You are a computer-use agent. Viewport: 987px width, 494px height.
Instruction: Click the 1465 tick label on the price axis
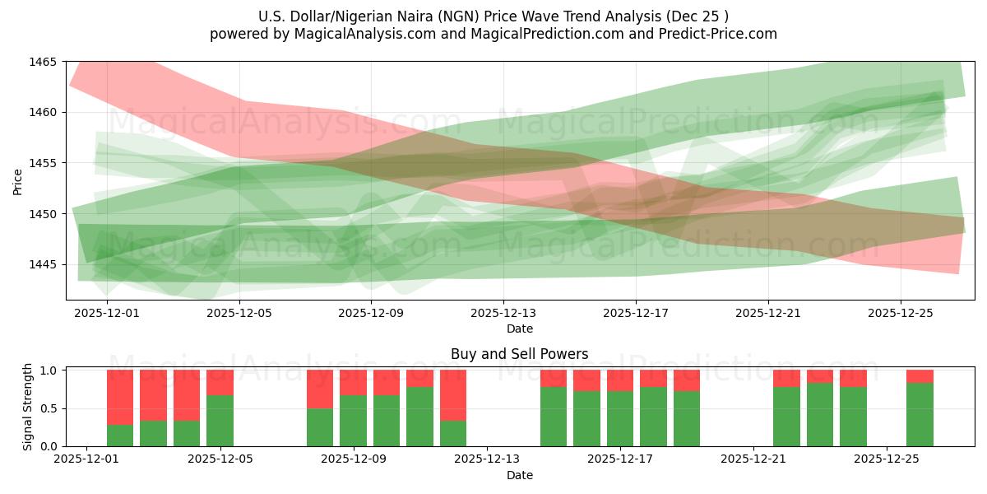click(43, 62)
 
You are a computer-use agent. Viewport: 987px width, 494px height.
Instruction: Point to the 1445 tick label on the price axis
click(43, 264)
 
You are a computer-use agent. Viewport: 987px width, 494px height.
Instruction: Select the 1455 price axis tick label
click(43, 163)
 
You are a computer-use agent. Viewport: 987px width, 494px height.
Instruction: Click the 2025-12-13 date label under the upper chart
click(503, 313)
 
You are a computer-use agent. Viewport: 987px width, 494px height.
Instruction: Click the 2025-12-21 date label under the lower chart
click(753, 459)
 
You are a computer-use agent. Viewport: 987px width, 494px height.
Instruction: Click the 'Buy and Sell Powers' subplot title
click(519, 354)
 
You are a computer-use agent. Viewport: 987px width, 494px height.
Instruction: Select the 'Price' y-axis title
click(18, 181)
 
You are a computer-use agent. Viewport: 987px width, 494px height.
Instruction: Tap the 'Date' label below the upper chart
click(519, 329)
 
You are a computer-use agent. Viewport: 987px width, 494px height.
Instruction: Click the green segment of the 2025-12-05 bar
click(220, 421)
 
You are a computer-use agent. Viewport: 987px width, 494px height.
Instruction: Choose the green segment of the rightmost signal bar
click(920, 414)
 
